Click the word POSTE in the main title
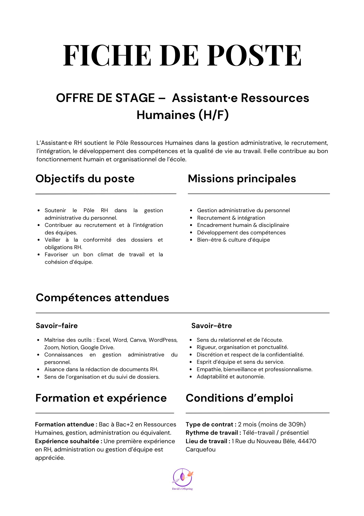click(254, 55)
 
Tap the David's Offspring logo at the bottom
click(183, 479)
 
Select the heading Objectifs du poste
click(85, 179)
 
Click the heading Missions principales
click(242, 179)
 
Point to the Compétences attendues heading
click(102, 298)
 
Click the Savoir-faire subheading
click(57, 326)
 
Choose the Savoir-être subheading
click(211, 326)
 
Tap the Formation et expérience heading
click(101, 398)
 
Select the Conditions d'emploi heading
click(239, 398)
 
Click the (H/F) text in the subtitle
click(213, 115)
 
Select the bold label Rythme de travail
click(213, 433)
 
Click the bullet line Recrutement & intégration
click(231, 218)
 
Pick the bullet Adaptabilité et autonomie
click(230, 377)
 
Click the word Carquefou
click(201, 449)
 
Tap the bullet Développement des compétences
click(241, 233)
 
